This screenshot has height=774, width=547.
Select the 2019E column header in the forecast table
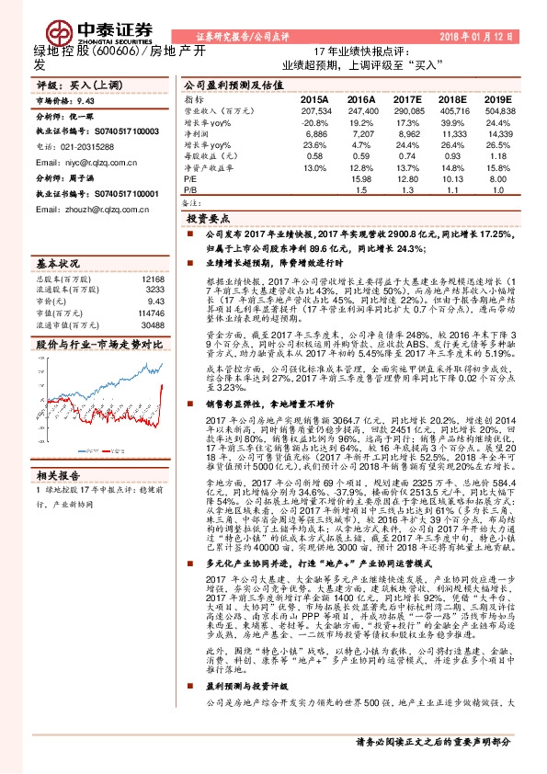[x=497, y=98]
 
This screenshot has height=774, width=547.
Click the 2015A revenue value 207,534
[x=313, y=109]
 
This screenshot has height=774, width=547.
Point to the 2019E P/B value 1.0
[x=498, y=190]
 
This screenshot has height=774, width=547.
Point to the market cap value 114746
[x=152, y=313]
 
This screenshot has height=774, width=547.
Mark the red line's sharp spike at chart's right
[x=161, y=379]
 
